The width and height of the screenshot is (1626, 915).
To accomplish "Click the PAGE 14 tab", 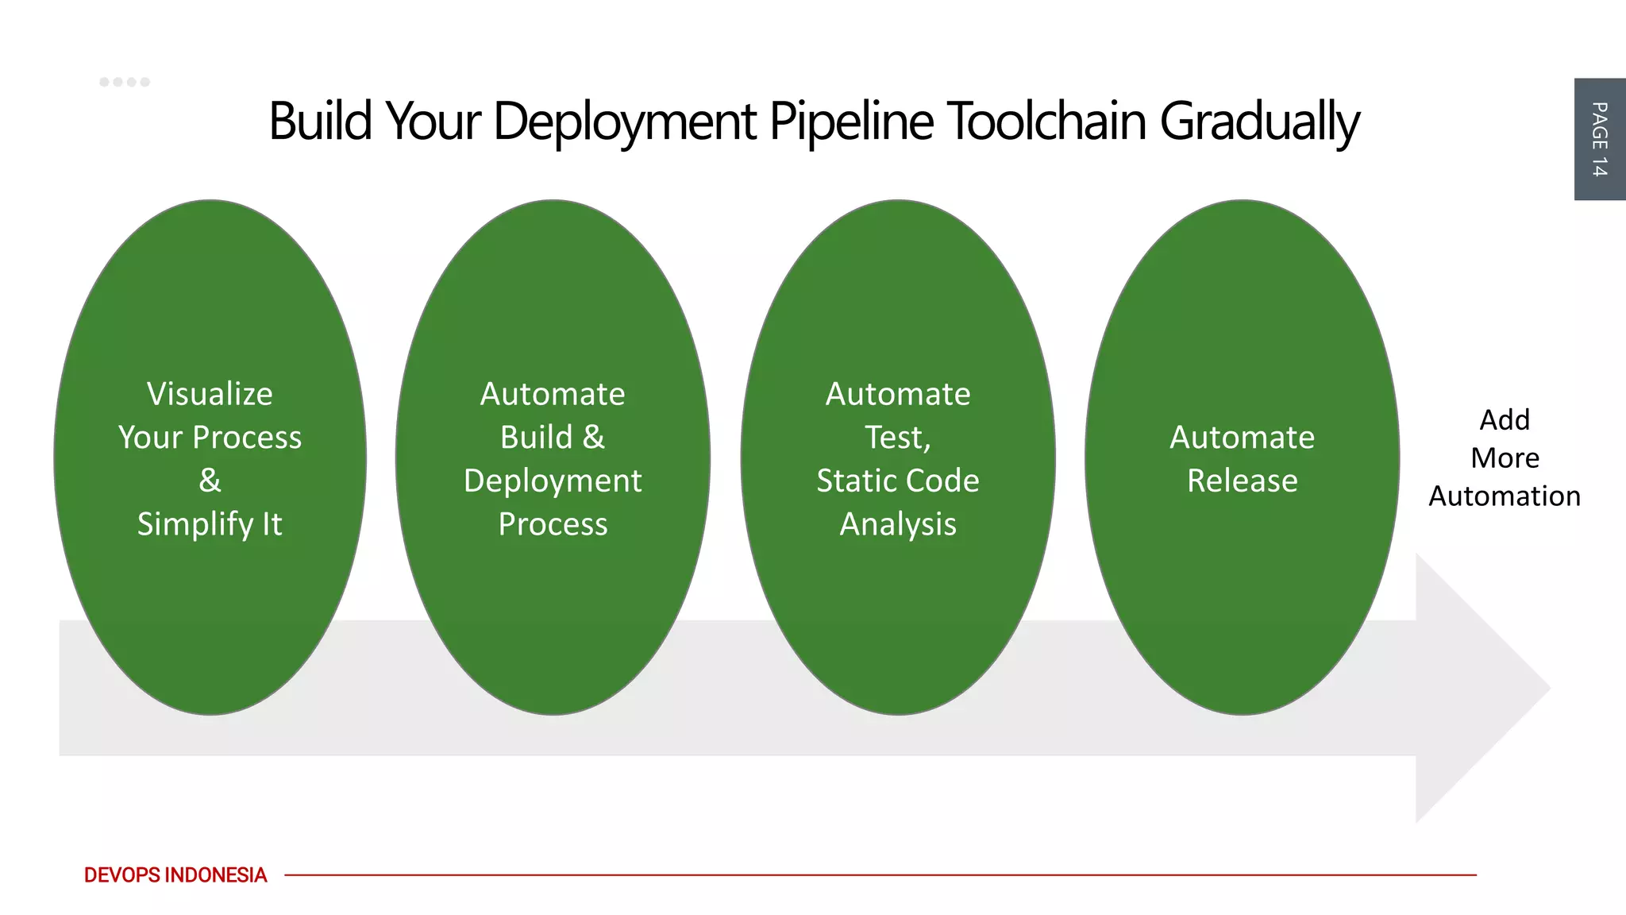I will pyautogui.click(x=1599, y=139).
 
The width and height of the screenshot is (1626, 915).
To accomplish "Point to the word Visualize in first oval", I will pyautogui.click(x=210, y=394).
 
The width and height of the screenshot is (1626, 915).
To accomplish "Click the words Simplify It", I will pyautogui.click(x=210, y=524).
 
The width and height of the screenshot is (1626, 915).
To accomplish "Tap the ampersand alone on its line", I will pyautogui.click(x=210, y=481).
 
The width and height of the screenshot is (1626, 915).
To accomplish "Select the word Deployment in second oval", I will pyautogui.click(x=553, y=481).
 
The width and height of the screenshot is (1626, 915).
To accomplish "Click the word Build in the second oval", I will pyautogui.click(x=536, y=438).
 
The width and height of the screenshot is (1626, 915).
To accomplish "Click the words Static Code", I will pyautogui.click(x=897, y=481).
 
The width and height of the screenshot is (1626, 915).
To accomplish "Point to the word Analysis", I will pyautogui.click(x=898, y=524).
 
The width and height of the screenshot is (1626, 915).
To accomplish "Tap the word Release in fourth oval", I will pyautogui.click(x=1242, y=481).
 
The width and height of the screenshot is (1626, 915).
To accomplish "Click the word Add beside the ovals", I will pyautogui.click(x=1504, y=419).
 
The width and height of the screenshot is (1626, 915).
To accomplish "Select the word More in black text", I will pyautogui.click(x=1504, y=458).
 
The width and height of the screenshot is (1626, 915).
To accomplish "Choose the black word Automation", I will pyautogui.click(x=1504, y=496).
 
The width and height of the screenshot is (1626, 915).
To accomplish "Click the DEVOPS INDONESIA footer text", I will pyautogui.click(x=175, y=874).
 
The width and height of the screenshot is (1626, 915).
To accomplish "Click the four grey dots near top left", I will pyautogui.click(x=125, y=82).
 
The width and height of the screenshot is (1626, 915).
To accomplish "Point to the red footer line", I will pyautogui.click(x=873, y=874).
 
